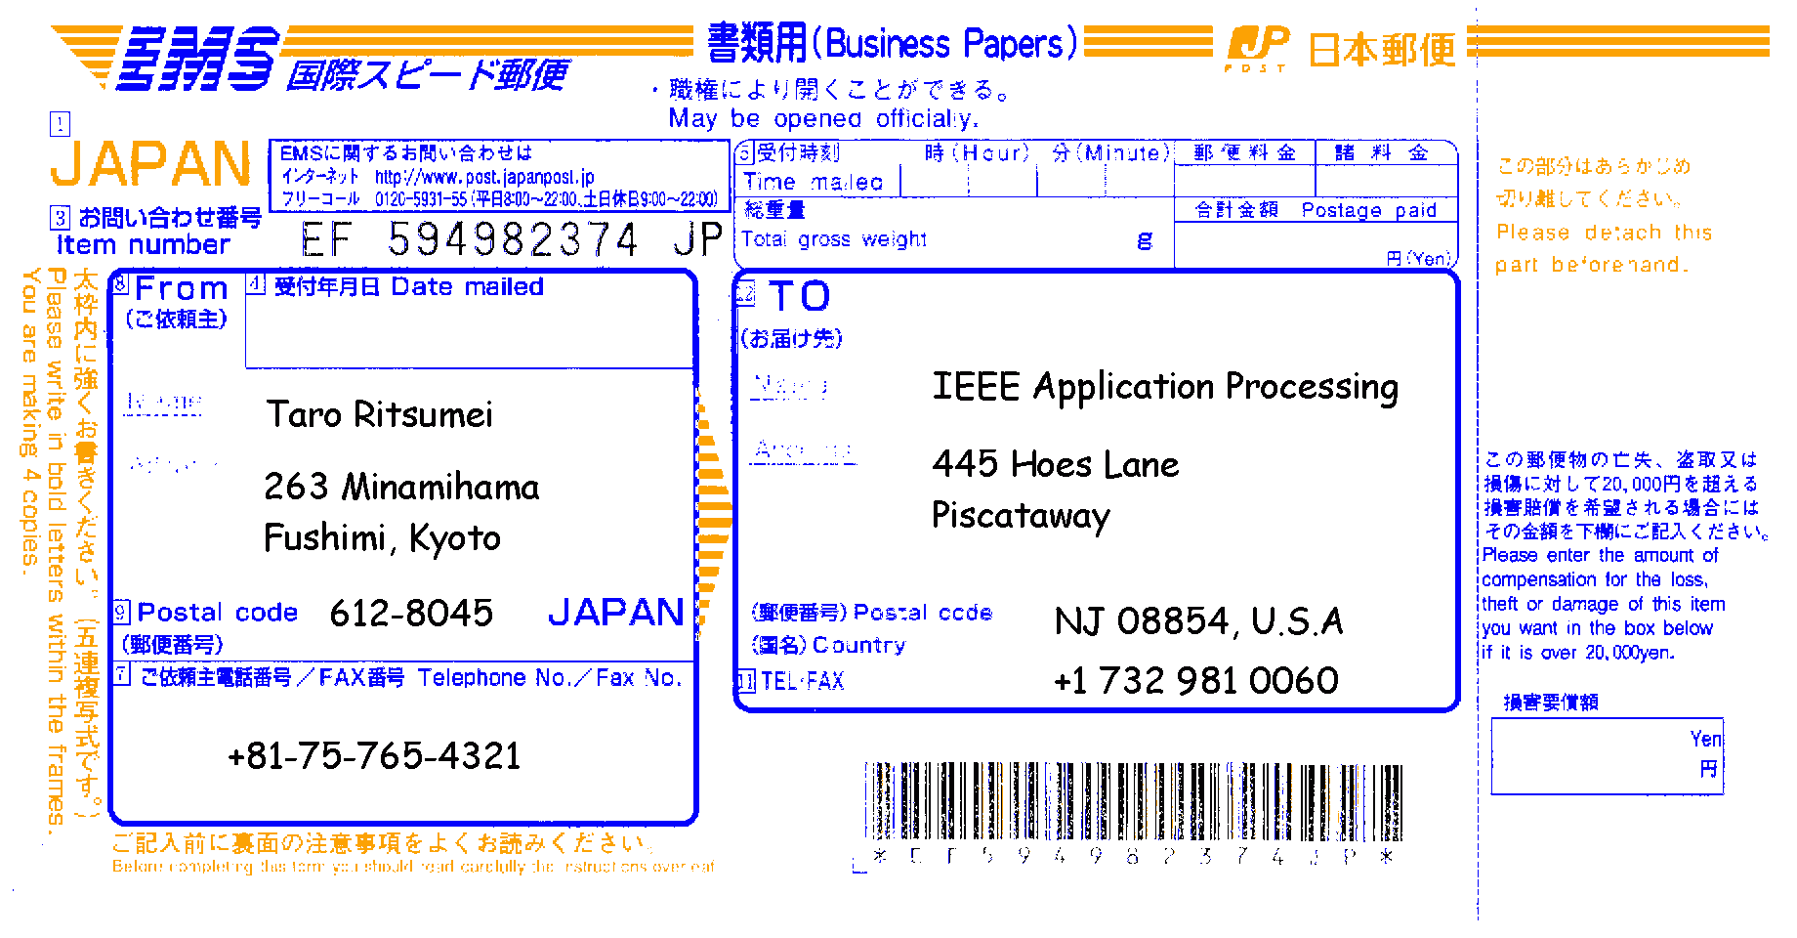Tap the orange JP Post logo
pos(1258,48)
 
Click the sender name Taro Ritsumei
pos(380,415)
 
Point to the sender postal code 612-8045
pos(411,614)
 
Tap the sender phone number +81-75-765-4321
pos(374,756)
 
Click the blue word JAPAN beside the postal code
pos(615,613)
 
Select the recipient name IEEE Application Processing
pos(1164,387)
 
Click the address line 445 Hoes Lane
pos(1055,464)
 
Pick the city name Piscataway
pos(1021,516)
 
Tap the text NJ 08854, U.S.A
pos(1198,621)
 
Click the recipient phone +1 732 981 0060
pos(1195,681)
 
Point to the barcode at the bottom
pos(1133,801)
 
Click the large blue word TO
pos(799,296)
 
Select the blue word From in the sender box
pos(182,289)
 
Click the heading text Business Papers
pos(951,44)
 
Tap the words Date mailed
pos(467,287)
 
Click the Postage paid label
pos(1368,210)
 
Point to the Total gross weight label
pos(833,239)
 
